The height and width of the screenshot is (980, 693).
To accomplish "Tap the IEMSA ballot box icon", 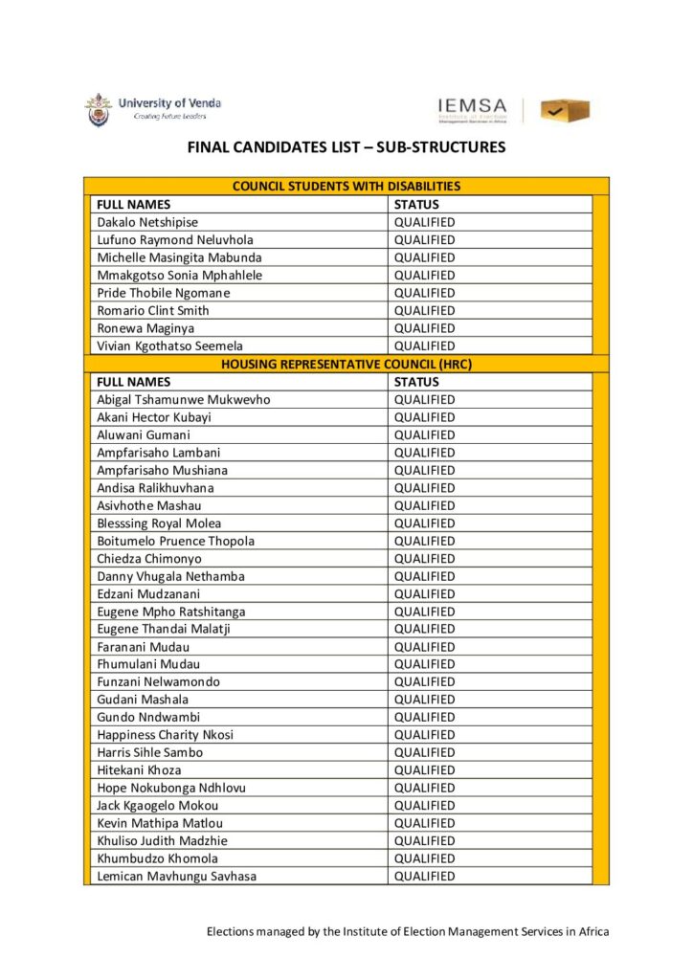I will tap(564, 111).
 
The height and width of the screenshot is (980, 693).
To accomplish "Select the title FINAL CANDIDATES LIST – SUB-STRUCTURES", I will tap(346, 148).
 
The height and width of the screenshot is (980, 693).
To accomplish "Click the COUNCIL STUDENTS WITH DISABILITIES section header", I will tap(346, 187).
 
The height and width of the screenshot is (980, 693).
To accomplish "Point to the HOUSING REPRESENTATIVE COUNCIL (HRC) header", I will tap(346, 364).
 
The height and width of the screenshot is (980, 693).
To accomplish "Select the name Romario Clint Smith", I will tap(153, 310).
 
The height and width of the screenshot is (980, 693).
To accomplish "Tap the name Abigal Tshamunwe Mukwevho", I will tap(184, 399).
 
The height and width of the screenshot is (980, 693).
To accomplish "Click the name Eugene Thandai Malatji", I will tap(164, 629).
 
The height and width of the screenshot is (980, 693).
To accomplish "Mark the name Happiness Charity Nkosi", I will tap(165, 735).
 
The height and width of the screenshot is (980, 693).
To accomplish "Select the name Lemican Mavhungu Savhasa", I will tap(176, 876).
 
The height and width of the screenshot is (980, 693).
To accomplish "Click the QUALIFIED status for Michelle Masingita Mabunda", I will tap(424, 257).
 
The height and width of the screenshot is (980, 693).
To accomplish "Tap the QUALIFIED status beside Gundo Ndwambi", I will tap(424, 717).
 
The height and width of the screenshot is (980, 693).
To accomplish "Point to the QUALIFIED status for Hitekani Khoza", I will tap(424, 769).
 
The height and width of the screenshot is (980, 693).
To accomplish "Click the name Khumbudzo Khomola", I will tap(157, 858).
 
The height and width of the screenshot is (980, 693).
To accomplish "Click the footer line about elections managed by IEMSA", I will tap(408, 931).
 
